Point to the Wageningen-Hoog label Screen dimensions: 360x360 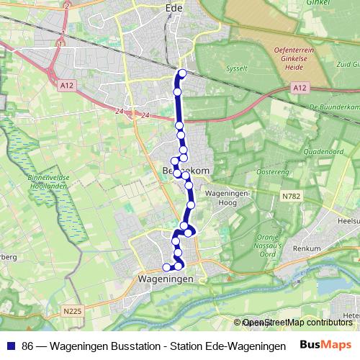[x=228, y=199]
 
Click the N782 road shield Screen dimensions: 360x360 [x=291, y=196]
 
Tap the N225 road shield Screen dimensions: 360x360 [x=72, y=311]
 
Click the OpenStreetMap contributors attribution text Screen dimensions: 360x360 [x=297, y=323]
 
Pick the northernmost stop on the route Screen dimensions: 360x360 [x=182, y=73]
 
